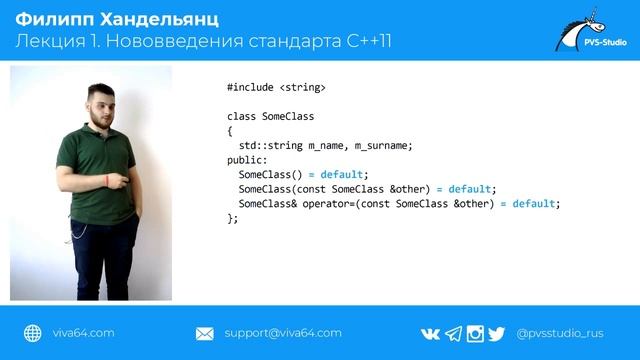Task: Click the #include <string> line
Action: (276, 88)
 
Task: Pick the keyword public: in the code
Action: (247, 160)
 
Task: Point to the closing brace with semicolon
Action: (233, 218)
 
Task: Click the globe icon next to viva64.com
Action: (32, 333)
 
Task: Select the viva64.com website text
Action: (83, 333)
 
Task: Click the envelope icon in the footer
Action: (205, 333)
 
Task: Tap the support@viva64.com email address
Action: (283, 333)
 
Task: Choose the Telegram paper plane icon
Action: (453, 333)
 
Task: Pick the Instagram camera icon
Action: (475, 333)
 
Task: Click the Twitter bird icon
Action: (497, 333)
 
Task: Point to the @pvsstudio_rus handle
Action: (566, 333)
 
